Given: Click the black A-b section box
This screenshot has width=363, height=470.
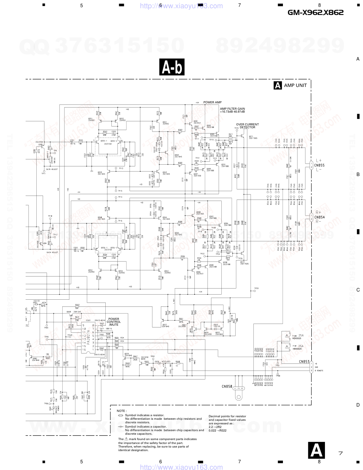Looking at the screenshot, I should point(172,67).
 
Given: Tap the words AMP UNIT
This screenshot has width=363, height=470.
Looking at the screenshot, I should point(295,86).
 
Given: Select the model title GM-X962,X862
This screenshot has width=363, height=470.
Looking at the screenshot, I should point(315,12).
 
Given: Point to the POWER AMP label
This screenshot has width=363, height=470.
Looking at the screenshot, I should point(212,102).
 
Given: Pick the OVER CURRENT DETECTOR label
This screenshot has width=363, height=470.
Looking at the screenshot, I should point(247,126).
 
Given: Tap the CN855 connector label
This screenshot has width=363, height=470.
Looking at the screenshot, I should point(319,165).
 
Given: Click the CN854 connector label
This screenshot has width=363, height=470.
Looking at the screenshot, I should point(319,217).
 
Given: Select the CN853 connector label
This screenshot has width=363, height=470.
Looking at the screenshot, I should point(304,362).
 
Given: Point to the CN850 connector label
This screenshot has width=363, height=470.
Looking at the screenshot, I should point(227,386).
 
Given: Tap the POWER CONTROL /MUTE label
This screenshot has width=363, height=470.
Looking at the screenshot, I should point(114,322).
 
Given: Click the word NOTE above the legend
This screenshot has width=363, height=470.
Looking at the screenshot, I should point(121,411).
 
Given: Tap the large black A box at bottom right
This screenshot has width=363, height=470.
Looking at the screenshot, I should point(316,450).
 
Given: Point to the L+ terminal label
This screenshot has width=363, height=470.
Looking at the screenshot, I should point(319,161).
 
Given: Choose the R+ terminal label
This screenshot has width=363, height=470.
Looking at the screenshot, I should point(318,212).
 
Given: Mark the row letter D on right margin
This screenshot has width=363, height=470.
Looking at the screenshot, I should point(358,405).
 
